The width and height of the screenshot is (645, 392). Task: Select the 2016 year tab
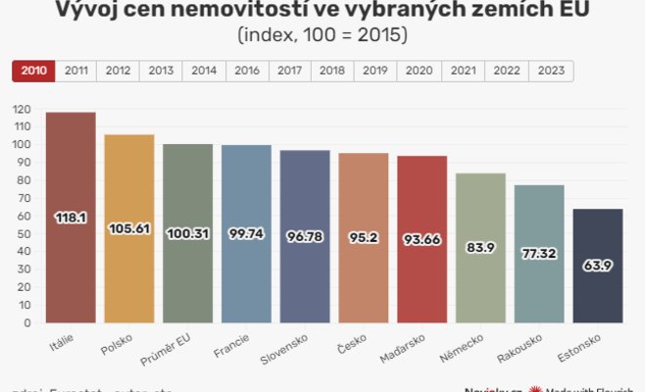pyautogui.click(x=248, y=72)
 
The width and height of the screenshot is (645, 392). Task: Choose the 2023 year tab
pyautogui.click(x=551, y=72)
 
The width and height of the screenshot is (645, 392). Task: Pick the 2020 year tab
pyautogui.click(x=421, y=72)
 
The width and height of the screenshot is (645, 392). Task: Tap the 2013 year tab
pyautogui.click(x=162, y=72)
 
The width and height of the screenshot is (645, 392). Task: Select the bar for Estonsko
pyautogui.click(x=597, y=284)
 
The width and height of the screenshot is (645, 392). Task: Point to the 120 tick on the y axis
pyautogui.click(x=23, y=109)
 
